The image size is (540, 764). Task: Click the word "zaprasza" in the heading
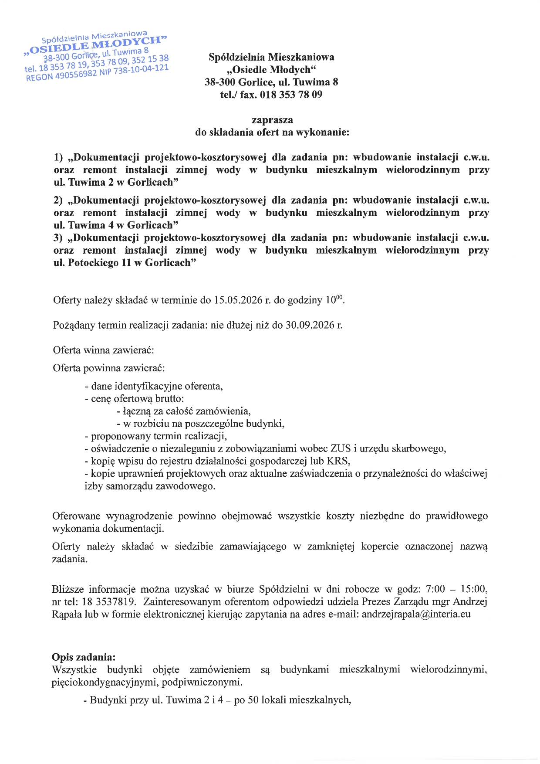[x=272, y=120]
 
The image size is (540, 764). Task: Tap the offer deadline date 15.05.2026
[x=238, y=300]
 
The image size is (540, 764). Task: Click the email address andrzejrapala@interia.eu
[x=416, y=615]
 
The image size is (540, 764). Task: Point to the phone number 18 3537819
[x=109, y=602]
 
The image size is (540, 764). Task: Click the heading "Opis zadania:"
[x=84, y=657]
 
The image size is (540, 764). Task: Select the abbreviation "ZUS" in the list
[x=341, y=448]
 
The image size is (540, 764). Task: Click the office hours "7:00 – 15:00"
[x=456, y=589]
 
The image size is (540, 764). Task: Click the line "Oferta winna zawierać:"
[x=104, y=350]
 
